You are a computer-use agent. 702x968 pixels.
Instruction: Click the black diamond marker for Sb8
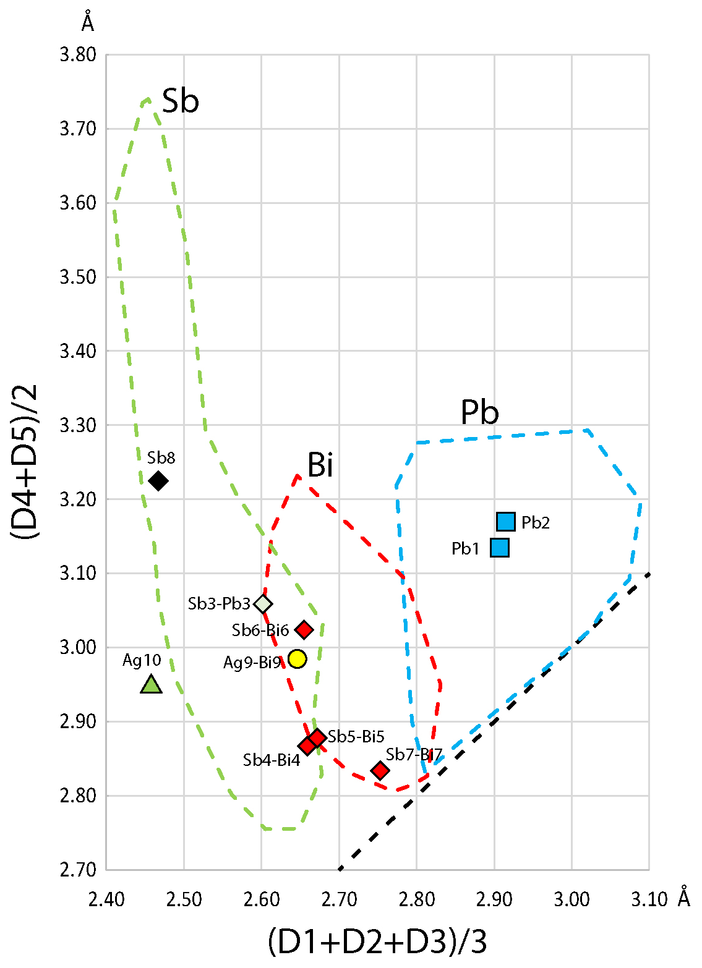point(158,480)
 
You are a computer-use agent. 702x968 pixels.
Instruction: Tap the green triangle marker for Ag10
point(151,685)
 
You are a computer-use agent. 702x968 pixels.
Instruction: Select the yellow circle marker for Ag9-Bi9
point(297,659)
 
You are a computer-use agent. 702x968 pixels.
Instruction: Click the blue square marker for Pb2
point(506,522)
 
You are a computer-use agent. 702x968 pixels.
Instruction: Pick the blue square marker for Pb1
point(500,548)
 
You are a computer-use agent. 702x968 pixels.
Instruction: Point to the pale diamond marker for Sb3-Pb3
point(263,603)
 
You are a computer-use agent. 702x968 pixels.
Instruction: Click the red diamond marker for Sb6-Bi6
point(304,630)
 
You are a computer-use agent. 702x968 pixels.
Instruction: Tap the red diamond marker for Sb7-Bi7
point(380,771)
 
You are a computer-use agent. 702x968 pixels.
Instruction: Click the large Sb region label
point(180,101)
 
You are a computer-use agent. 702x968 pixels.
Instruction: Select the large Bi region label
point(320,465)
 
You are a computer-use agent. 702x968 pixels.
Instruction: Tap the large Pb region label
point(479,412)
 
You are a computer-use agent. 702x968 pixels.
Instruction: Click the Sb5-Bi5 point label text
point(356,736)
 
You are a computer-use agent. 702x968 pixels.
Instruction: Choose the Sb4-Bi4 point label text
point(271,760)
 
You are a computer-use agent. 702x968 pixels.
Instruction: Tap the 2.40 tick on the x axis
point(106,899)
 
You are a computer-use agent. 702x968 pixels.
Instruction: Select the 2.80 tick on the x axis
point(417,899)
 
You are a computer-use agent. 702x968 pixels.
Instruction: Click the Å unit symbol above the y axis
point(88,22)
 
